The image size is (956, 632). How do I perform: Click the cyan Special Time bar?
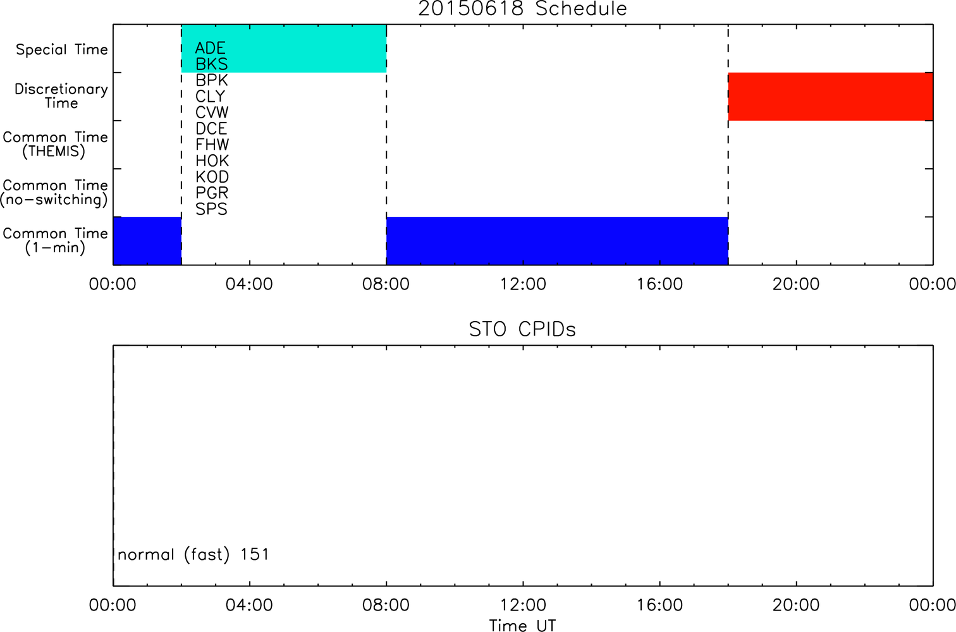(284, 48)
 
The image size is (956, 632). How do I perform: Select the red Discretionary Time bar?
(831, 97)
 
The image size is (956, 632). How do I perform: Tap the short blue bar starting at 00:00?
(147, 241)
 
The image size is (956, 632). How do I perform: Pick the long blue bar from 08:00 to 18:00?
(558, 241)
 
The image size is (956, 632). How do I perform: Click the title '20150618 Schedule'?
(522, 9)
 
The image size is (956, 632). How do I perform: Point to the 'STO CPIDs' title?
(522, 329)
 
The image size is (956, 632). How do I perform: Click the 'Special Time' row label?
(62, 49)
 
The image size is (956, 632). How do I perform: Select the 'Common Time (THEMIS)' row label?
(55, 144)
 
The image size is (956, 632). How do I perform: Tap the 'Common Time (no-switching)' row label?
(54, 193)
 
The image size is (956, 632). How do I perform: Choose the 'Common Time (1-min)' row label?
(55, 241)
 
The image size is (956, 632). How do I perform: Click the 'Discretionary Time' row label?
(61, 96)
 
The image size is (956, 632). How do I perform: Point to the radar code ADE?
(211, 48)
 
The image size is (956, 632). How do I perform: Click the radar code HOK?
(212, 161)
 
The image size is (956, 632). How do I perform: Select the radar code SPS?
(211, 209)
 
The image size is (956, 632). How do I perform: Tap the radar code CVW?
(212, 112)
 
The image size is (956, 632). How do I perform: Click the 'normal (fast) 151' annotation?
(193, 554)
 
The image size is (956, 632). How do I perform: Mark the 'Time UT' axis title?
(522, 625)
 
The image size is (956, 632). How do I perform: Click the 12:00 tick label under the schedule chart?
(523, 284)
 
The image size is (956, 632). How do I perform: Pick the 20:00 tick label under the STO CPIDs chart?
(796, 605)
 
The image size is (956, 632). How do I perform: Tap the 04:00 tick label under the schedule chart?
(249, 284)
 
